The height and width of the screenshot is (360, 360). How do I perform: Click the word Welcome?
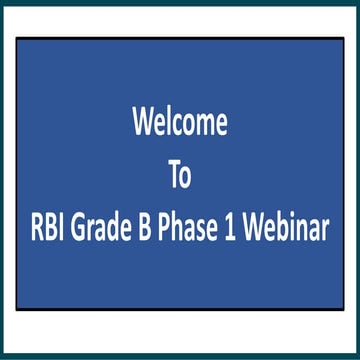180,123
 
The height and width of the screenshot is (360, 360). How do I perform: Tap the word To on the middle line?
180,177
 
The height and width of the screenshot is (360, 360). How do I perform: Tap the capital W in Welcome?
144,123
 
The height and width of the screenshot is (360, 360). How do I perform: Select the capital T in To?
173,177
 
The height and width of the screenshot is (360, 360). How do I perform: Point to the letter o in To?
187,179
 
